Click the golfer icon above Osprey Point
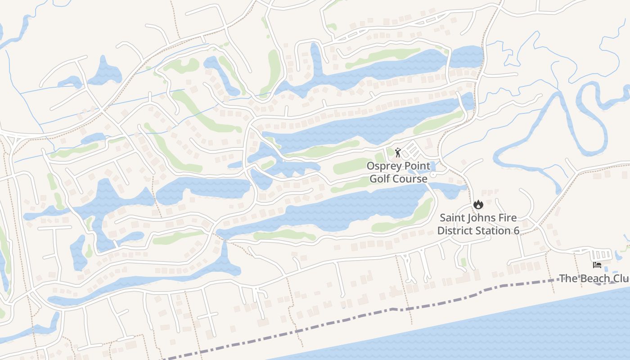click(x=397, y=153)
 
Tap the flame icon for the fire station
click(x=478, y=204)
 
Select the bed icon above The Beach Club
click(x=597, y=265)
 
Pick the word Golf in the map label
click(x=380, y=179)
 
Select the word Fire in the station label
click(x=507, y=218)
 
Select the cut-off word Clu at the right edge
click(x=619, y=278)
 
